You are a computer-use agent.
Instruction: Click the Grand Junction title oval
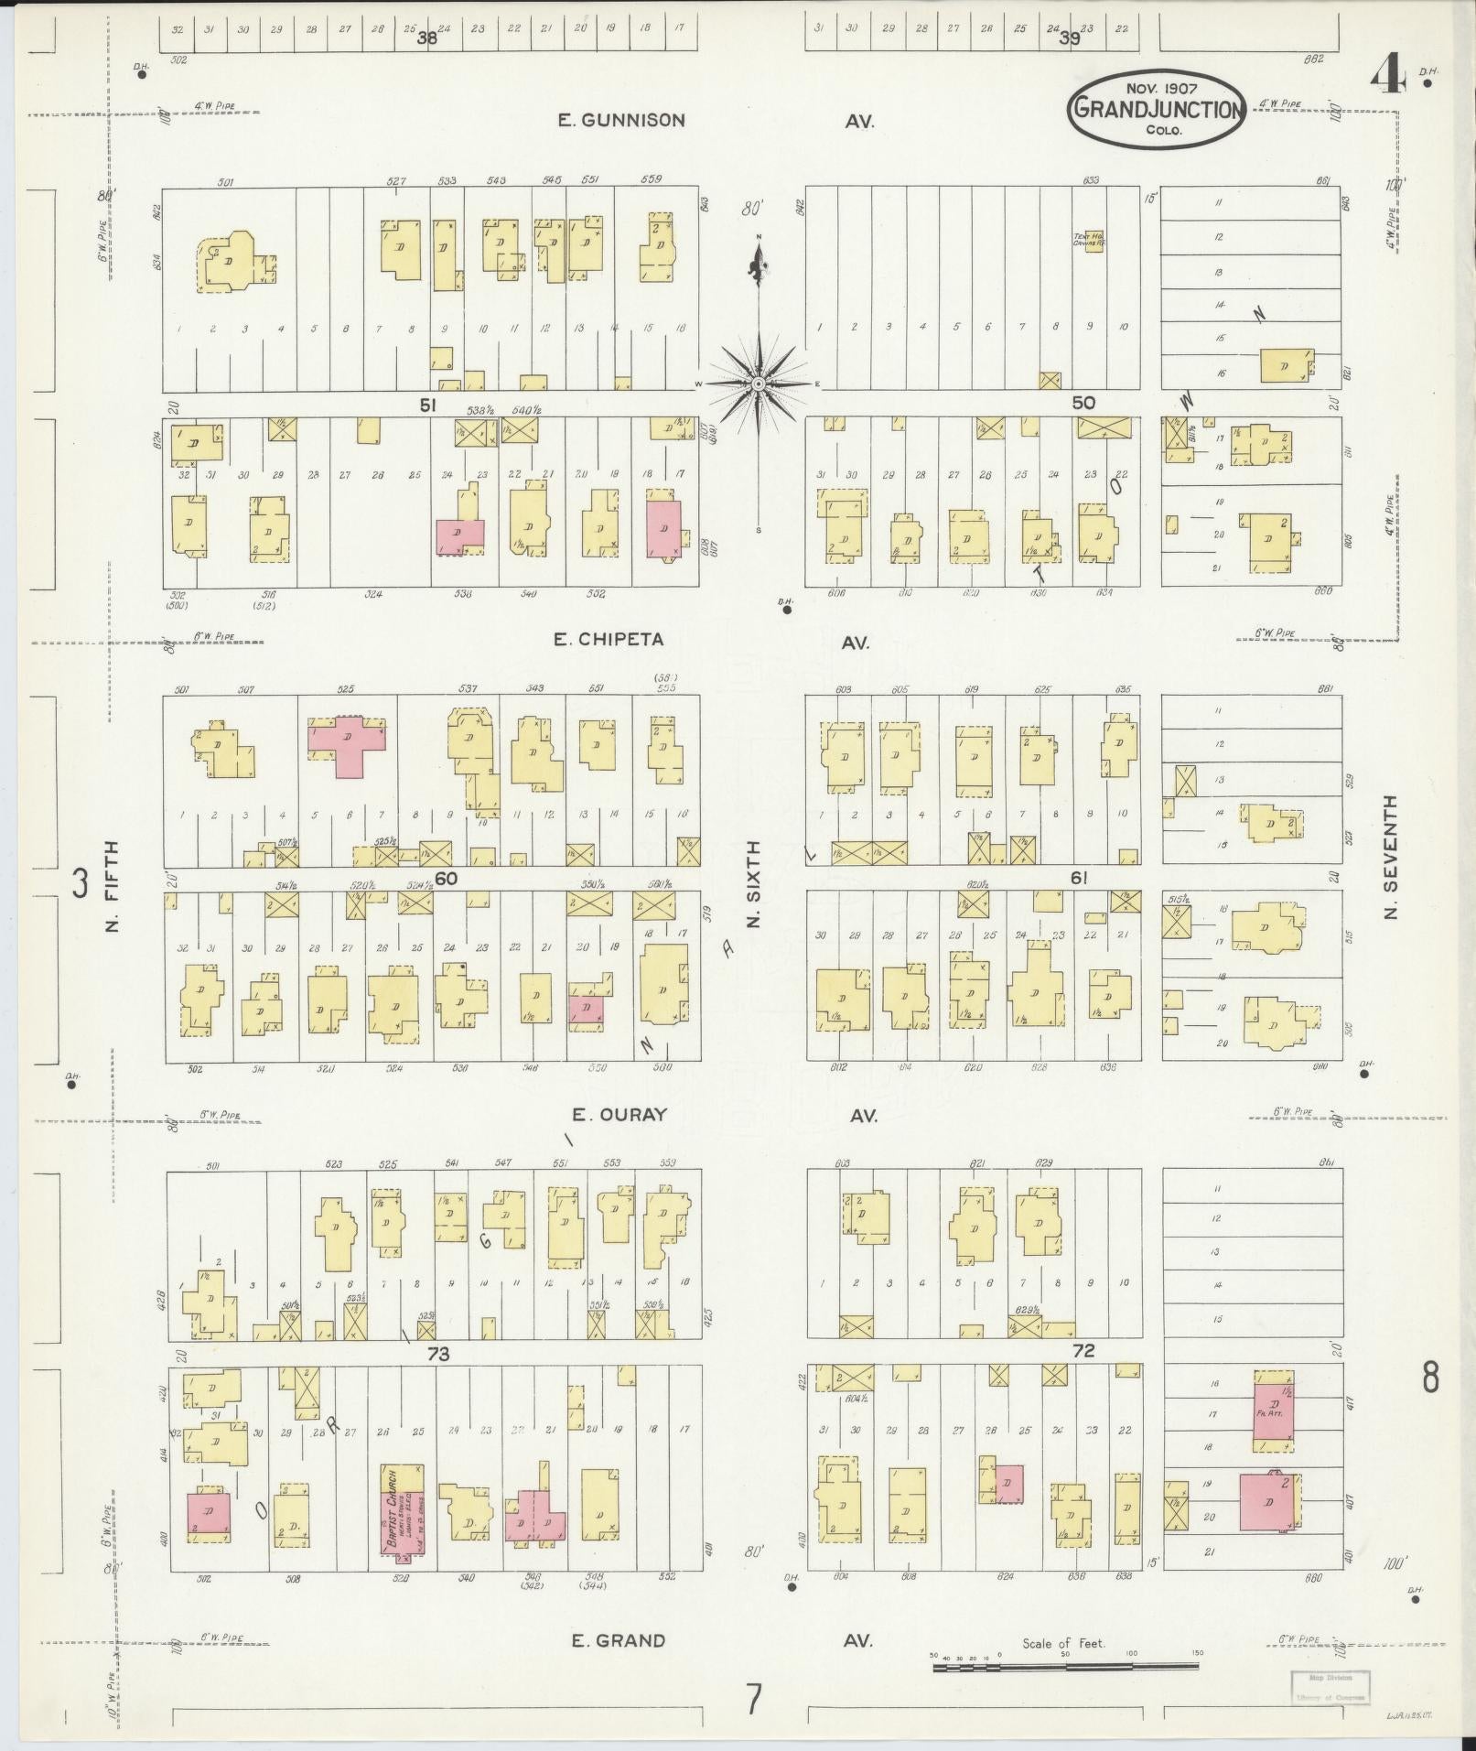click(x=1157, y=110)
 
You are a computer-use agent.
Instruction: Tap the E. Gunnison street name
click(x=622, y=120)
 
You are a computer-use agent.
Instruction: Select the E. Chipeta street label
click(x=608, y=639)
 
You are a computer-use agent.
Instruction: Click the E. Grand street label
click(x=618, y=1640)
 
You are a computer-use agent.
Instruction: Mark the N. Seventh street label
click(x=1391, y=857)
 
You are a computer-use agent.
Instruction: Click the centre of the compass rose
click(x=759, y=384)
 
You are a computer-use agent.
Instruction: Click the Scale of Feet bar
click(x=1066, y=1668)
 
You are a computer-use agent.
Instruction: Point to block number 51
click(x=427, y=405)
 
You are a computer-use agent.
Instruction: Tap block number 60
click(x=446, y=879)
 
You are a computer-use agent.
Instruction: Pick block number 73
click(x=438, y=1353)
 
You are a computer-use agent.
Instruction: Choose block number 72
click(x=1083, y=1351)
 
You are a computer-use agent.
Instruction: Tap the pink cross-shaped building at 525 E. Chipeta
click(x=347, y=743)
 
